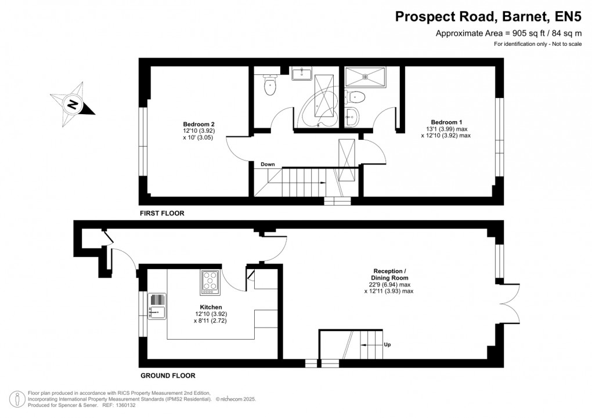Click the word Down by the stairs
[x=268, y=164]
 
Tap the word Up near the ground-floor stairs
[x=387, y=344]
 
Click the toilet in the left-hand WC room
[x=270, y=86]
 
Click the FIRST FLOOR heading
[x=162, y=213]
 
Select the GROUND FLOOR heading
[x=167, y=375]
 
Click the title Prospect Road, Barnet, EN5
[x=488, y=16]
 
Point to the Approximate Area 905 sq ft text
[x=508, y=33]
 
